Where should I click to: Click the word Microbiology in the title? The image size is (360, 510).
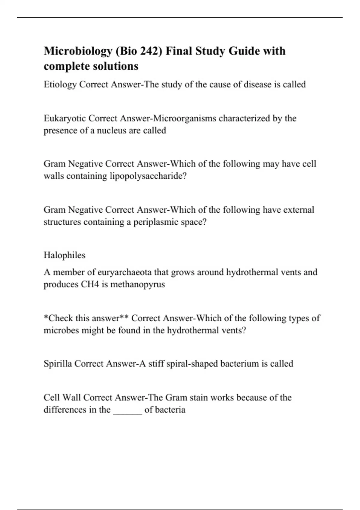(x=78, y=51)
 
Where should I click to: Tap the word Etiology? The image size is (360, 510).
(x=60, y=85)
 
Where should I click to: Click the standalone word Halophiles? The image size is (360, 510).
(x=64, y=255)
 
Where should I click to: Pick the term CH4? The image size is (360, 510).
(x=90, y=284)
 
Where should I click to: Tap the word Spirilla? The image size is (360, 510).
(x=58, y=364)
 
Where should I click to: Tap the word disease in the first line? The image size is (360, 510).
(x=257, y=85)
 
